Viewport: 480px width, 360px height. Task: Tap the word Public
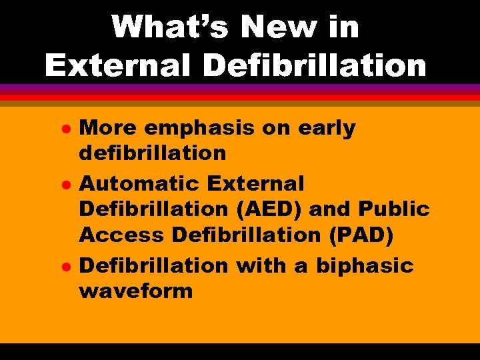393,209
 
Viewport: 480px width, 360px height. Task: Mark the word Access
121,235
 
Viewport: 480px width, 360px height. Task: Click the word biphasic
365,266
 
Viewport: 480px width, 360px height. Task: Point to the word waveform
136,291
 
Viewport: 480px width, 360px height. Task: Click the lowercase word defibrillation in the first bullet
153,153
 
